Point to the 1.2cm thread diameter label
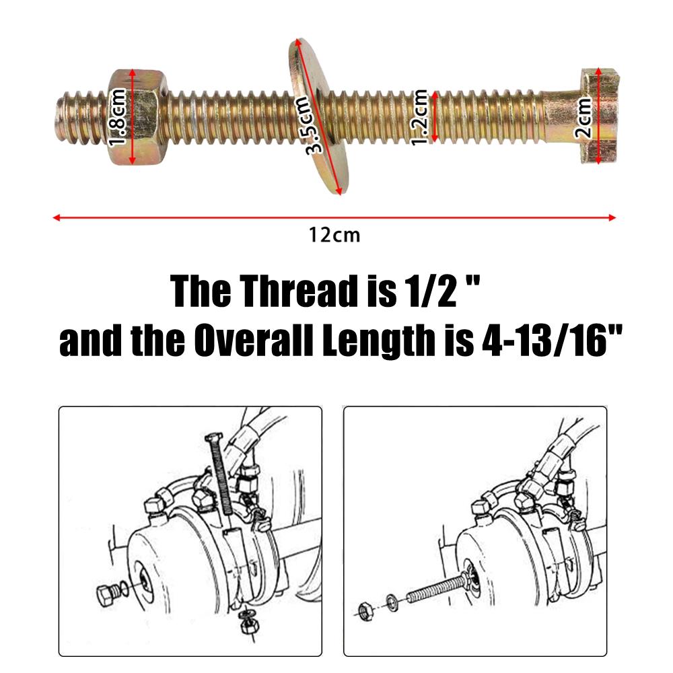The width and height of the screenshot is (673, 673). tap(420, 116)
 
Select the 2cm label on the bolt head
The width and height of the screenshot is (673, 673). tap(583, 117)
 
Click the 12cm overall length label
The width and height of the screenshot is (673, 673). tap(334, 236)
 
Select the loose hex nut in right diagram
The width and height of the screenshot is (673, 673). tap(364, 610)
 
